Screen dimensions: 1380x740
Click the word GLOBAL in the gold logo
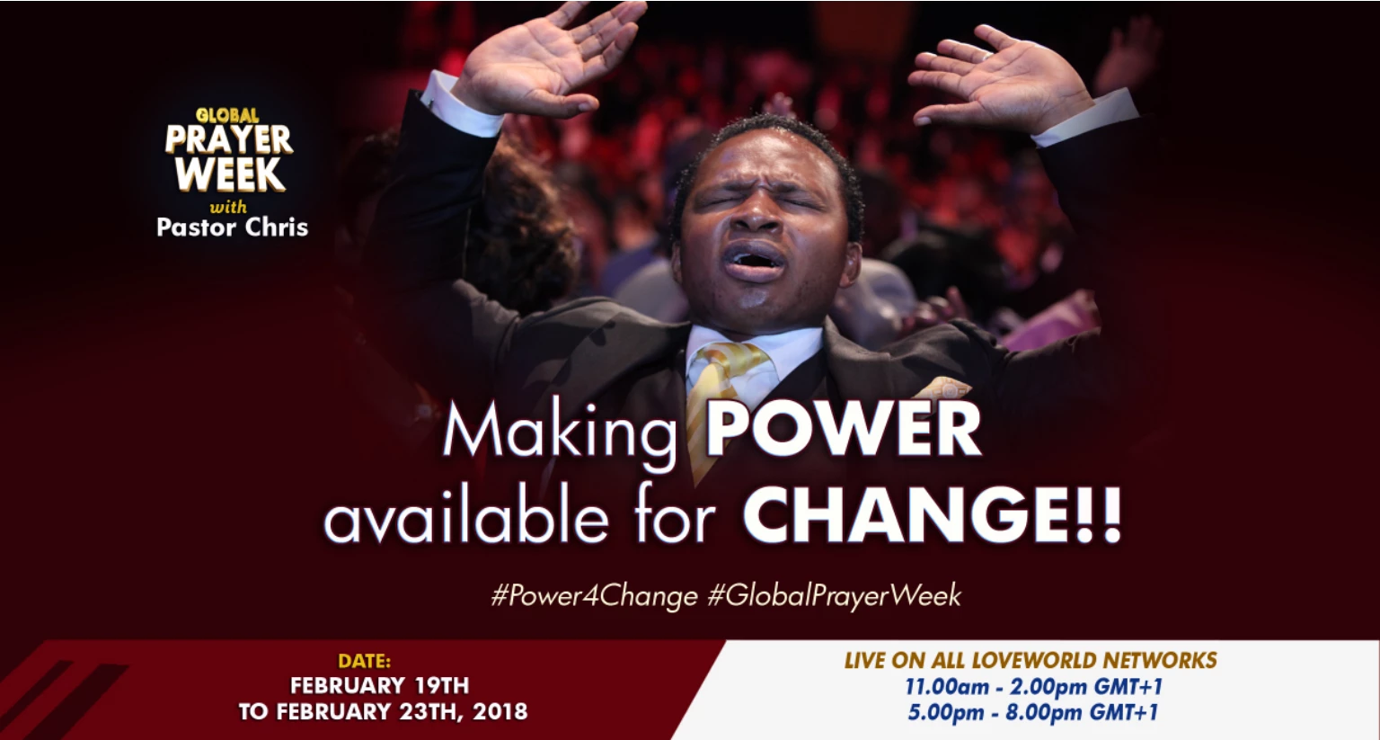click(x=227, y=115)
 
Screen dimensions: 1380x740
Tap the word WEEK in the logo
click(x=230, y=174)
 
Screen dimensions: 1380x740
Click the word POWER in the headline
click(x=843, y=430)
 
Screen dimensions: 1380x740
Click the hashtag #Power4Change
click(x=595, y=596)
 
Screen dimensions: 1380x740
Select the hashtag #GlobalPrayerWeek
click(x=834, y=596)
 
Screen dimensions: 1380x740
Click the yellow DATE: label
click(x=364, y=661)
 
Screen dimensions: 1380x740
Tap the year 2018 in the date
click(x=500, y=711)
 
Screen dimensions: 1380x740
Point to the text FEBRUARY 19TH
click(x=379, y=686)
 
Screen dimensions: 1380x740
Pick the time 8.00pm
click(x=1044, y=712)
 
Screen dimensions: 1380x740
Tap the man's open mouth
click(x=756, y=260)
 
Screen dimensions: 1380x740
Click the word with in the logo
click(x=228, y=207)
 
